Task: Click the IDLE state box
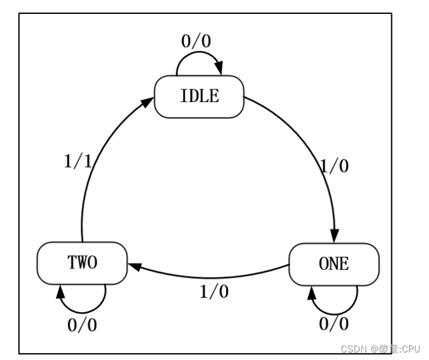tap(199, 96)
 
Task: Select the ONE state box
tap(333, 264)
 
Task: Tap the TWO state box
tap(82, 262)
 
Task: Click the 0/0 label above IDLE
tap(196, 42)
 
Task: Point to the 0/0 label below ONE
tap(333, 325)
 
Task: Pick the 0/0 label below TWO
tap(83, 326)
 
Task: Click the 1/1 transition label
tap(78, 162)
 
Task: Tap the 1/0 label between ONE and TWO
tap(214, 292)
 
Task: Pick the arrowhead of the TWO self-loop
tap(61, 291)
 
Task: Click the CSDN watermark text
tap(353, 349)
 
